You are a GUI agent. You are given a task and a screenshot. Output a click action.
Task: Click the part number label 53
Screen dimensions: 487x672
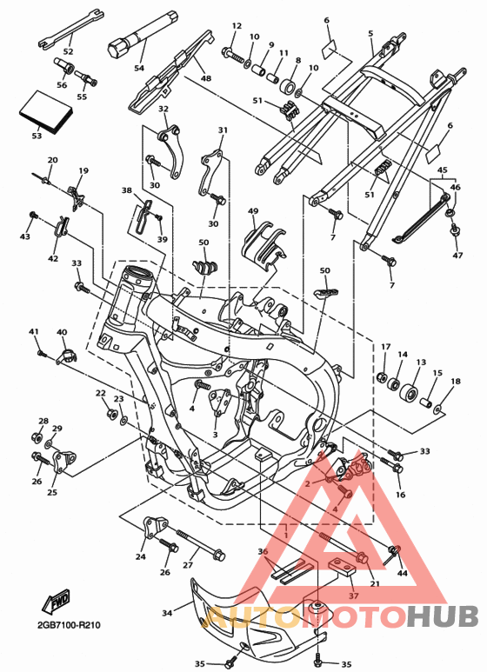click(37, 136)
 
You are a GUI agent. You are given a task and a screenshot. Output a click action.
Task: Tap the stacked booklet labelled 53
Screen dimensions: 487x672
click(46, 111)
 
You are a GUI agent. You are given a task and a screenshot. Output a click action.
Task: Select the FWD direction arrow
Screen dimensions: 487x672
click(55, 601)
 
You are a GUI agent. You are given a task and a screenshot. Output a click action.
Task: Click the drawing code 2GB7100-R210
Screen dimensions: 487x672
click(69, 625)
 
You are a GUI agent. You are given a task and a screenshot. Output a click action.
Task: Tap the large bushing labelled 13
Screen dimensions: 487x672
click(408, 391)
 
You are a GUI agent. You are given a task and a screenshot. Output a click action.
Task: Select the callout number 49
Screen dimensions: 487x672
click(253, 211)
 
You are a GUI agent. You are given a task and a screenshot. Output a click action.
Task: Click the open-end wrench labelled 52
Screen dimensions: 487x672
click(71, 28)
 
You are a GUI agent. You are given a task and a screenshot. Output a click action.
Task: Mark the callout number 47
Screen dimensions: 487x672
click(457, 256)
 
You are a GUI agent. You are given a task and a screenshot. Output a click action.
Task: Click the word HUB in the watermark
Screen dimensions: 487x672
click(442, 616)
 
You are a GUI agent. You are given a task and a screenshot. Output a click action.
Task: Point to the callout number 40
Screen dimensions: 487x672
click(62, 332)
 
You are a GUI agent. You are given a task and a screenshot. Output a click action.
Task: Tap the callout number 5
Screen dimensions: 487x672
click(370, 33)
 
